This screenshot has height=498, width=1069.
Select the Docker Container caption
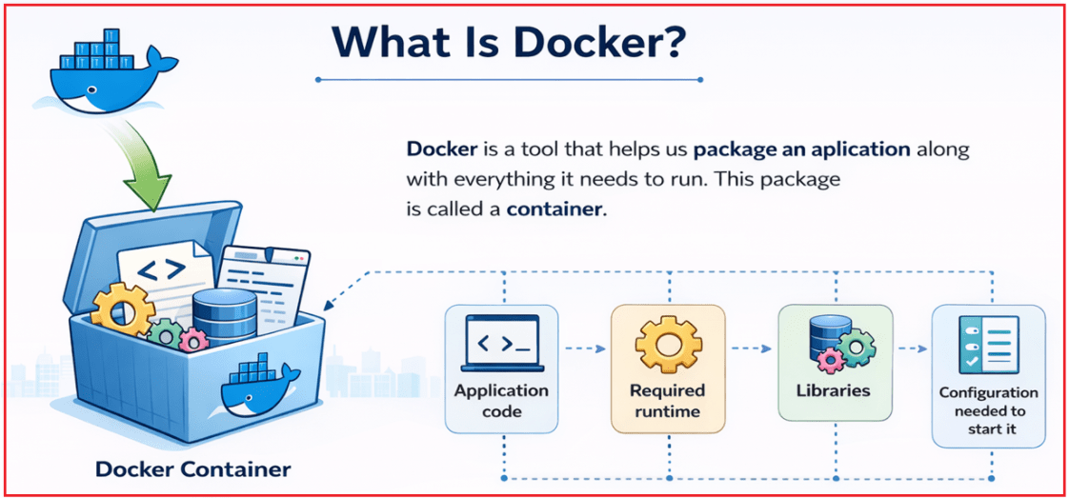(x=193, y=469)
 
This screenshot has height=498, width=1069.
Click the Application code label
(x=501, y=401)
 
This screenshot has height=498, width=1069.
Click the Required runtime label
(x=667, y=401)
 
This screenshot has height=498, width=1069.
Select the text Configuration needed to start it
(x=987, y=410)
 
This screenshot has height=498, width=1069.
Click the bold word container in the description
(x=555, y=209)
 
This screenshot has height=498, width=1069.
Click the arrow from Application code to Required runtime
(x=584, y=349)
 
